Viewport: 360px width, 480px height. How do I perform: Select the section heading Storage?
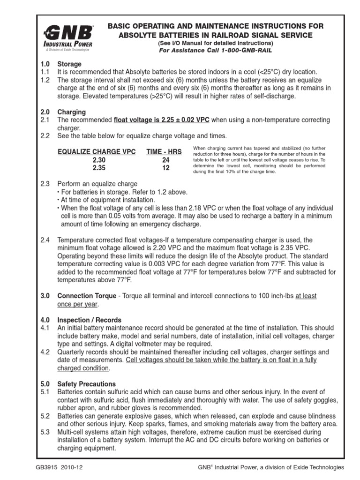69,64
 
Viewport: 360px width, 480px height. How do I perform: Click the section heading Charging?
71,112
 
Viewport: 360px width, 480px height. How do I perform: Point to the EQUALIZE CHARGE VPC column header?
97,151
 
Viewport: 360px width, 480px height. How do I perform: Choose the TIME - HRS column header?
164,151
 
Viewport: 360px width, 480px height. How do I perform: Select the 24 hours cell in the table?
165,160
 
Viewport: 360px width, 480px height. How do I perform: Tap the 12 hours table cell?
165,168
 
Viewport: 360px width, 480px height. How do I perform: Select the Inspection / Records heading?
89,320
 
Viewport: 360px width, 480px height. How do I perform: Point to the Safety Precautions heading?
86,383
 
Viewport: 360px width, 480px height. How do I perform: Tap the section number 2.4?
45,240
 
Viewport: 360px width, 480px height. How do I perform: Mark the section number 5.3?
45,431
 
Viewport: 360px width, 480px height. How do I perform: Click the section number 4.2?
45,352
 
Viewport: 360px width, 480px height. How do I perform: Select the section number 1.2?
45,80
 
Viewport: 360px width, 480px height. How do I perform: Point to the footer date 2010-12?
78,467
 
